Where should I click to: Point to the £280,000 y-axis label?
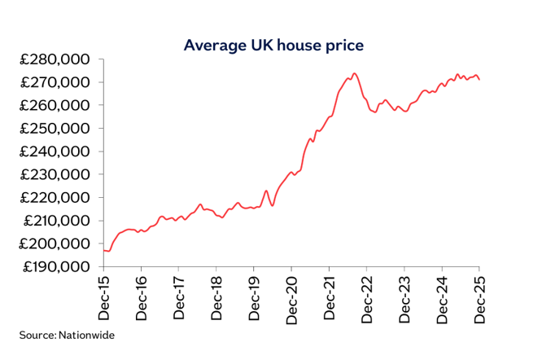point(55,59)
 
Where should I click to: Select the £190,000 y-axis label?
point(55,266)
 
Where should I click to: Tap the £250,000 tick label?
point(55,129)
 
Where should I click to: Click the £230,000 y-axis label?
point(55,174)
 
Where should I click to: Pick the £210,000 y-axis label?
point(55,221)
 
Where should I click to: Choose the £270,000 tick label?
point(55,82)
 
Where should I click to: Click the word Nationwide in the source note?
point(85,335)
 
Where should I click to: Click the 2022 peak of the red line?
point(354,73)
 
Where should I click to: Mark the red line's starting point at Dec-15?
point(103,250)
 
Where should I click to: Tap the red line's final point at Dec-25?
point(479,79)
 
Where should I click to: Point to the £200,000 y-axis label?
point(55,244)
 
